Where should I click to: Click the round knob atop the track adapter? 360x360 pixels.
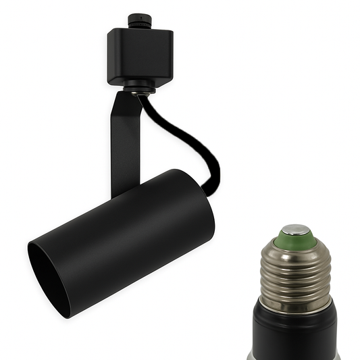tap(140, 16)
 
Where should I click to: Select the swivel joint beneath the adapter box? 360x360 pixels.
tap(140, 86)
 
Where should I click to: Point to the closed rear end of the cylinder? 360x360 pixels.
tap(199, 203)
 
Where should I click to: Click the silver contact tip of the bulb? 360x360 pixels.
tap(296, 230)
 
